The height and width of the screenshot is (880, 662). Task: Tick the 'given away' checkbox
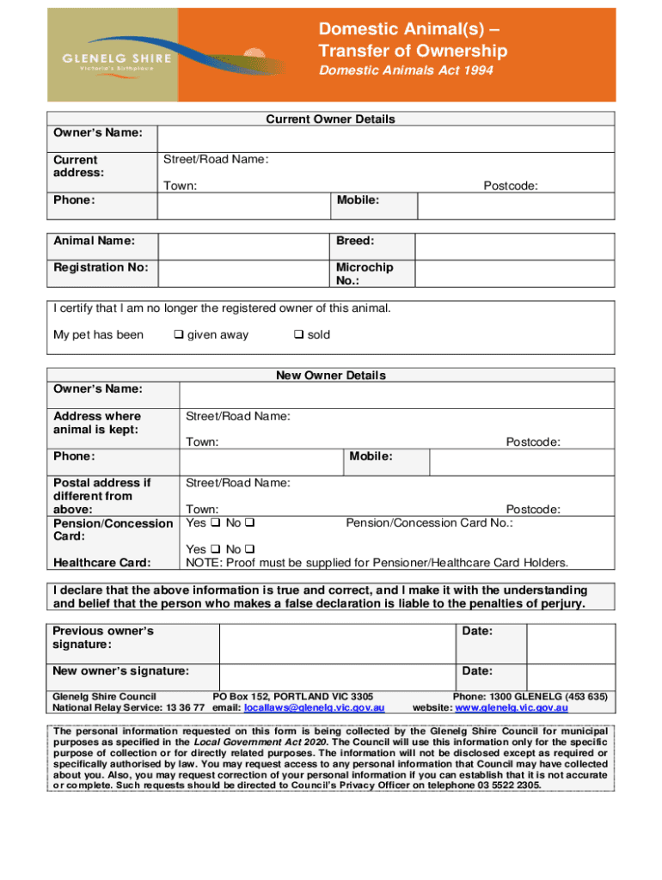click(x=179, y=335)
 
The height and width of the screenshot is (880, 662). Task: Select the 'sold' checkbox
click(x=298, y=335)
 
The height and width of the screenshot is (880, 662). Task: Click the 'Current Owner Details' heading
click(x=330, y=119)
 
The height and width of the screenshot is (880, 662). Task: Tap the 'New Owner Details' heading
click(x=330, y=376)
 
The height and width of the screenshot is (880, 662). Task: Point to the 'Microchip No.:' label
click(x=364, y=273)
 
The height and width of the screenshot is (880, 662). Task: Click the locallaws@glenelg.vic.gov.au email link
click(x=314, y=708)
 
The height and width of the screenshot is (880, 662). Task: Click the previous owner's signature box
click(x=337, y=643)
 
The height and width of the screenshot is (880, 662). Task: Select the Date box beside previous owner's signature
click(x=570, y=643)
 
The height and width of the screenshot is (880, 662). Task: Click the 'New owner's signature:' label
click(x=121, y=671)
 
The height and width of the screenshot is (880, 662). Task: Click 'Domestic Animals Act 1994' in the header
click(x=406, y=70)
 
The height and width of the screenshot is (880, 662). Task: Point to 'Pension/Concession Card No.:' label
click(x=429, y=523)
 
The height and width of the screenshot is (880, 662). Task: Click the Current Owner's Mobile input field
click(x=515, y=205)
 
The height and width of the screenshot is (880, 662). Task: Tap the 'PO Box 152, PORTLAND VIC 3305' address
click(x=292, y=696)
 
